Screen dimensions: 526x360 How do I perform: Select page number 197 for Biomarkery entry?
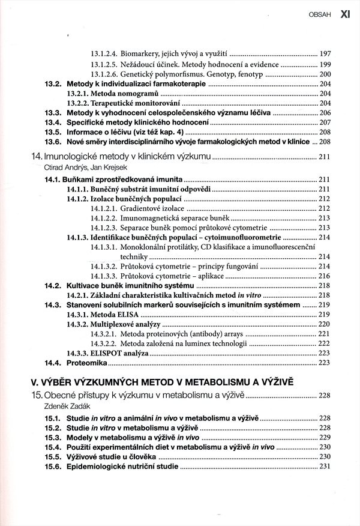pos(325,53)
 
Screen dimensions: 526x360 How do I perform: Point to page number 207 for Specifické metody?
pos(325,122)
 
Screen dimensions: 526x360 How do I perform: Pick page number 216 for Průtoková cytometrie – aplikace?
pos(325,276)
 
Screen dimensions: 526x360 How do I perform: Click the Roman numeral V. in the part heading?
pos(35,381)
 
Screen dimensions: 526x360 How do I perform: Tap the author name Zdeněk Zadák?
pos(58,407)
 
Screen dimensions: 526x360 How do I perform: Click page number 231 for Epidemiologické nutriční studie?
pos(325,465)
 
